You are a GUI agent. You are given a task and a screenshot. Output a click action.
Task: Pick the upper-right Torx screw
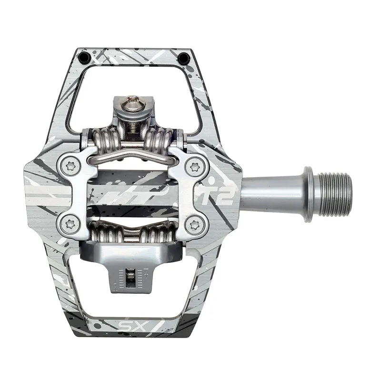[x=194, y=167]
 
